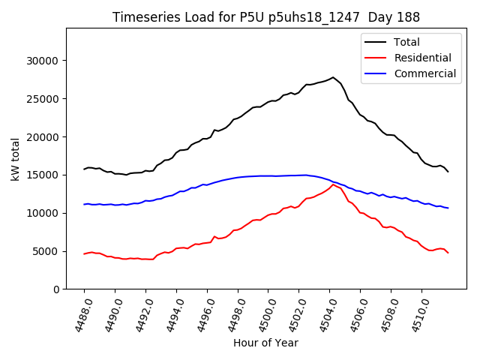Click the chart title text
(x=266, y=16)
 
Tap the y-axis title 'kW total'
(x=15, y=159)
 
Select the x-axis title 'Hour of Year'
(x=265, y=343)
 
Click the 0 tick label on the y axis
(x=57, y=289)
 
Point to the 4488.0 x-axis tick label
(x=78, y=313)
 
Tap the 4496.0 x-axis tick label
(x=201, y=313)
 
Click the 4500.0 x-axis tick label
(x=262, y=313)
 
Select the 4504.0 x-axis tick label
(x=323, y=313)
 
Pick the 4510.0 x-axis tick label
(x=415, y=313)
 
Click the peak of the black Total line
(x=333, y=77)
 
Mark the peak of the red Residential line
(x=333, y=184)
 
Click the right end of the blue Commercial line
(x=448, y=208)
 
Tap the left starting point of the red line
(x=84, y=253)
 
